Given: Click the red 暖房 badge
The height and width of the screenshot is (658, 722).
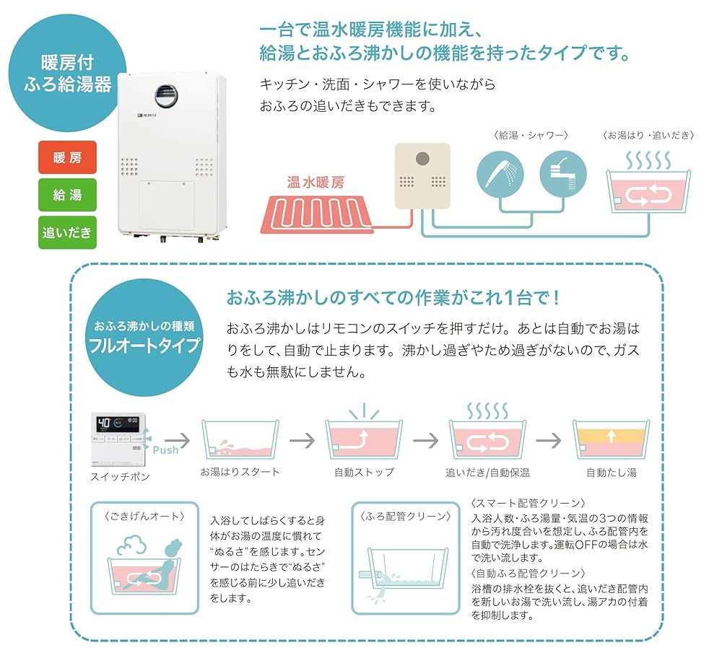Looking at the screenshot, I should click(x=66, y=158).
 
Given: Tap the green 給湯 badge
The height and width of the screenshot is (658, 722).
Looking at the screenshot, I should click(x=66, y=195).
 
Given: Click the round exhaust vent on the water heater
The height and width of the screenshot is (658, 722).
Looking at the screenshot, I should click(x=165, y=92).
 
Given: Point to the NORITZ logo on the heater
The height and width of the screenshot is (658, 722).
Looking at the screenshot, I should click(x=148, y=116).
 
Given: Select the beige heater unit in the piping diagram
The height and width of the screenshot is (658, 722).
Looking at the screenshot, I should click(x=422, y=176).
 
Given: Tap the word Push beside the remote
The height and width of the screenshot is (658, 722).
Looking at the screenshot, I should click(x=165, y=449).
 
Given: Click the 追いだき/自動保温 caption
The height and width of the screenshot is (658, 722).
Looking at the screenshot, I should click(x=487, y=473).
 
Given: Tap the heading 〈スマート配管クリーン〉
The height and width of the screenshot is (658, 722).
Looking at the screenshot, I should click(x=527, y=503).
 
